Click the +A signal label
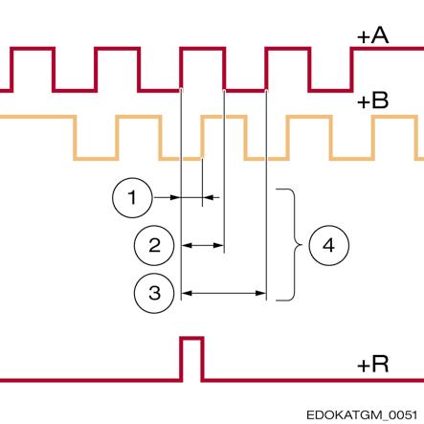coord(373,36)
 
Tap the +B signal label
coord(373,100)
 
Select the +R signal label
coord(373,364)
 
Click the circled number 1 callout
coord(132,198)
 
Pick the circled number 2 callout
coord(154,245)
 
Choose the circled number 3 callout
coord(154,293)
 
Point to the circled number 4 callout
coord(329,245)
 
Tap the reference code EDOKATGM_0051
coord(362,415)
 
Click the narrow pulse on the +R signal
coord(192,338)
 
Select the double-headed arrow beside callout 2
coord(203,245)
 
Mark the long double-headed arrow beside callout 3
coord(224,293)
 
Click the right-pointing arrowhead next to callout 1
coord(175,197)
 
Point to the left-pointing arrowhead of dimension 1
coord(208,197)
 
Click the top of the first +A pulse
coord(33,49)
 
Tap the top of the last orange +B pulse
coord(395,117)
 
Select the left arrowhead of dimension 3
coord(187,293)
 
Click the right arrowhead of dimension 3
coord(260,293)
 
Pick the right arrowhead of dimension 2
coord(218,245)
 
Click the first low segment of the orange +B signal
coord(96,158)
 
